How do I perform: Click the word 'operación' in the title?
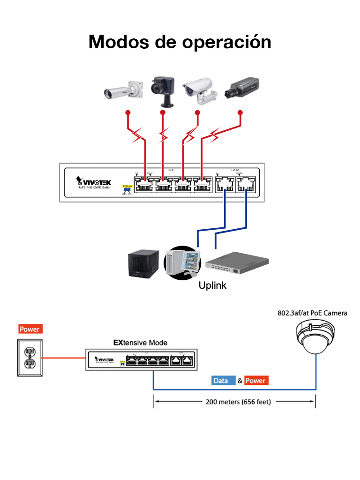coord(226,42)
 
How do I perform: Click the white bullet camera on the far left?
coord(123,90)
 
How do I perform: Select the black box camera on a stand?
coord(163,89)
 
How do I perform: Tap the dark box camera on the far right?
coord(241,89)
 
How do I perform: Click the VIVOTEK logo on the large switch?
coord(94,181)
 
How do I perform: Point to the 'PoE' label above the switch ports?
coord(171,170)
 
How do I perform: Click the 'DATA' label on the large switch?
coord(235,170)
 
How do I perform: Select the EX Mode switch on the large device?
coord(127,189)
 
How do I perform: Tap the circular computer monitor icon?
coord(182,262)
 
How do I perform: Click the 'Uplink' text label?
coord(212,285)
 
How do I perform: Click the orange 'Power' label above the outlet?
coord(30,329)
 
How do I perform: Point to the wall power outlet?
coord(30,358)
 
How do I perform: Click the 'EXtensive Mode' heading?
coord(140,343)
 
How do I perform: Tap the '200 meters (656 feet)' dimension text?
coord(238,402)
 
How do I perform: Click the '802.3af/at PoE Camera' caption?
coord(312,313)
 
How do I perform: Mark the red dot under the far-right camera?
coord(241,112)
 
